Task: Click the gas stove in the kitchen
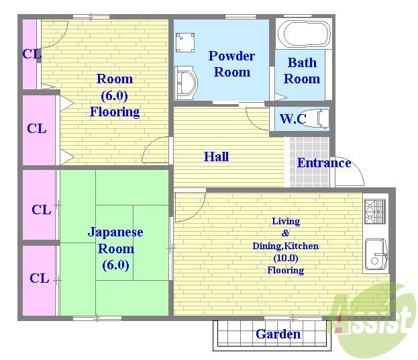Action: (374, 211)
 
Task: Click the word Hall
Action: (216, 156)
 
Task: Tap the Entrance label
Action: (323, 163)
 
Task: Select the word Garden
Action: (278, 334)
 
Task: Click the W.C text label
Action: (293, 120)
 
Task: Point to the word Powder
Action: (231, 56)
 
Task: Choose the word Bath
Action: (302, 62)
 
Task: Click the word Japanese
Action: (115, 232)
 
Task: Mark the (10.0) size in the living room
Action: (285, 258)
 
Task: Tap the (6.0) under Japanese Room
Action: (115, 265)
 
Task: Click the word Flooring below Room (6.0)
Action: (115, 111)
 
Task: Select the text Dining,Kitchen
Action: (285, 246)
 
